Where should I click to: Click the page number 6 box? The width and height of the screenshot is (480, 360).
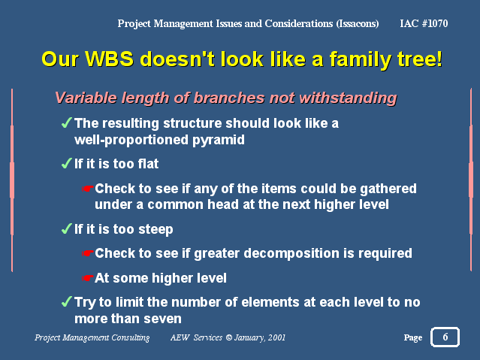pos(445,337)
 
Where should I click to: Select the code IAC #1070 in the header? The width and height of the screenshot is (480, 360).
pos(424,23)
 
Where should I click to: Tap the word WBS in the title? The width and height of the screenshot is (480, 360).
pos(109,59)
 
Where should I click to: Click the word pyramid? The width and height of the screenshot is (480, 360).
pos(219,141)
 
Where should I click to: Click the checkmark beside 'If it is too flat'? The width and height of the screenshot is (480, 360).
pos(67,164)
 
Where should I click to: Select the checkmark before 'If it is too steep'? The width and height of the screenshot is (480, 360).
pos(67,229)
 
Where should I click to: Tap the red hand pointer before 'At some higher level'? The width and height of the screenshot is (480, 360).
pos(88,278)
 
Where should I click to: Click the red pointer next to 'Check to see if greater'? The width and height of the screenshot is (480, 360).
pos(88,253)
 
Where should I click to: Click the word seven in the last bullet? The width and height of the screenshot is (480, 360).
pos(162,319)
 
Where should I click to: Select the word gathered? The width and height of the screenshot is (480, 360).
pos(388,189)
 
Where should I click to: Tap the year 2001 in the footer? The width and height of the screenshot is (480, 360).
pos(276,337)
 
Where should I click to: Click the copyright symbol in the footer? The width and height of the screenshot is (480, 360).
pos(229,337)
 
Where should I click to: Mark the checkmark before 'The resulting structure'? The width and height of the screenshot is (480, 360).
pos(67,123)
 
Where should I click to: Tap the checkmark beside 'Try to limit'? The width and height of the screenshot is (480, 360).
pos(67,302)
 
